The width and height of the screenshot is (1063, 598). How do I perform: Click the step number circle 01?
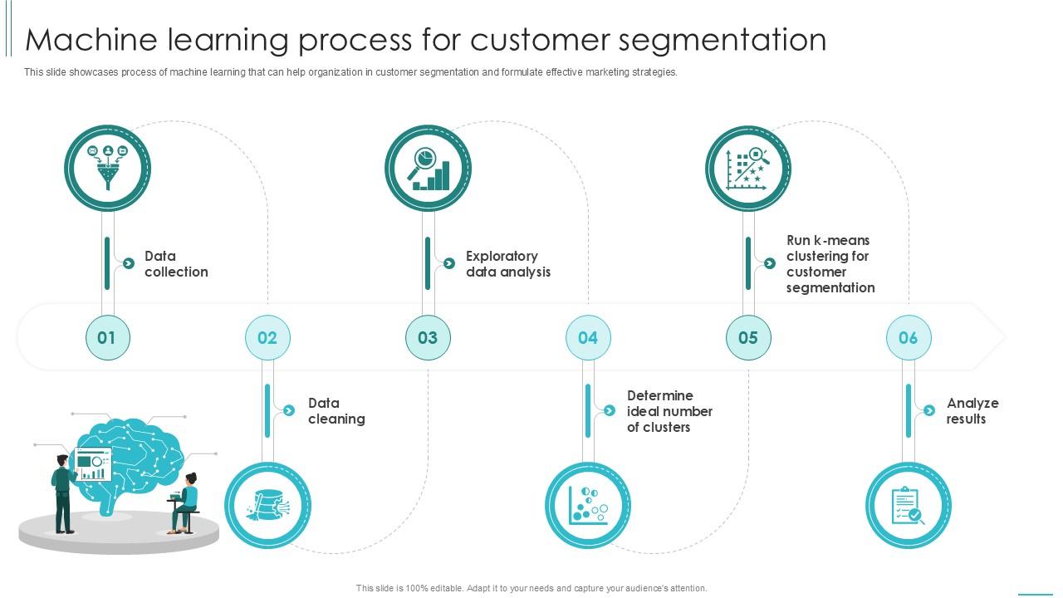click(107, 337)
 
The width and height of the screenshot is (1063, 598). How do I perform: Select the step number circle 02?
click(267, 337)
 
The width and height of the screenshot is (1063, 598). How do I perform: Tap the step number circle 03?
click(428, 337)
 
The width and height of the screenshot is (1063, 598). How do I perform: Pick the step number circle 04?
click(588, 337)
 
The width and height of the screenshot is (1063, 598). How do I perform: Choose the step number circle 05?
click(748, 337)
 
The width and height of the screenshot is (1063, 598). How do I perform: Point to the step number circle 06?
click(909, 337)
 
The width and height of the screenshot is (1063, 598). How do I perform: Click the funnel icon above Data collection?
click(108, 169)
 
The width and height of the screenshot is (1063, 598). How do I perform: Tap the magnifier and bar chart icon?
click(429, 169)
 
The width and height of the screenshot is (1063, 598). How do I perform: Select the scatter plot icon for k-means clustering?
click(748, 169)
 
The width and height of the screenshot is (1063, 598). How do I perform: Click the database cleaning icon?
click(267, 505)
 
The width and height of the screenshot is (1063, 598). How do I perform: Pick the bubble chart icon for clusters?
click(588, 505)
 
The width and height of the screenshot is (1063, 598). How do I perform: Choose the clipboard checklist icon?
click(909, 505)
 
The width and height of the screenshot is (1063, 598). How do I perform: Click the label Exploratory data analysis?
click(507, 264)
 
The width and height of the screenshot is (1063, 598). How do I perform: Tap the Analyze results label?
click(972, 411)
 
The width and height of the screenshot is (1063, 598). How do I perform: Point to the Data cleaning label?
click(336, 411)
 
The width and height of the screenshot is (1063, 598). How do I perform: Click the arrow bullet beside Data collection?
click(129, 263)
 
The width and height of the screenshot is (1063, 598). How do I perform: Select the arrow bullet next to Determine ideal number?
click(610, 410)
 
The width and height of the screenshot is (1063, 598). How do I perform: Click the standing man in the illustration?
click(63, 493)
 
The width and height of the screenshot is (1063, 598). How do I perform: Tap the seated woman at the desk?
click(186, 502)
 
